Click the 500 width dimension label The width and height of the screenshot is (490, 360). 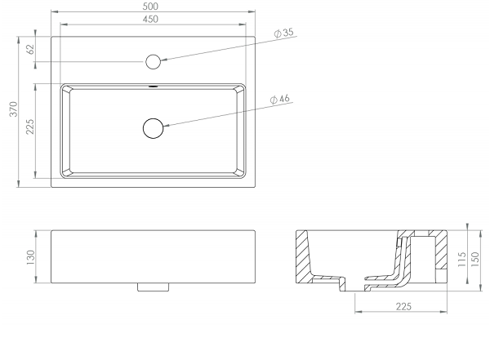[x=150, y=6]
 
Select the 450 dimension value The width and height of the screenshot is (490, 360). [x=150, y=19]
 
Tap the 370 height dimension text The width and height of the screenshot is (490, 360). [x=14, y=109]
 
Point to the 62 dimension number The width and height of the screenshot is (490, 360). [x=31, y=49]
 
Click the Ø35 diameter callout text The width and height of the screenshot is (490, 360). [x=283, y=32]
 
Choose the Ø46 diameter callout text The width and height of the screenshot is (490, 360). [x=279, y=99]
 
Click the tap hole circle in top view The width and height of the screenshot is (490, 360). [x=154, y=61]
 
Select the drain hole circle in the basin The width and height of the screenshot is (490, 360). [x=154, y=128]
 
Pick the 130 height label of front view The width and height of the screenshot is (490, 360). [x=31, y=257]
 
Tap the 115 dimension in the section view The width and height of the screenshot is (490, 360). [x=462, y=259]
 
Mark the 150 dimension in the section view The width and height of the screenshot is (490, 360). [x=474, y=259]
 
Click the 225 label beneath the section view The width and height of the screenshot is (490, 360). [x=403, y=307]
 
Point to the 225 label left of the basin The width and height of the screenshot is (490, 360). [x=30, y=127]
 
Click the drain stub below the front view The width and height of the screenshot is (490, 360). [x=154, y=287]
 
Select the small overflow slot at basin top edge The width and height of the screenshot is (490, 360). [x=154, y=86]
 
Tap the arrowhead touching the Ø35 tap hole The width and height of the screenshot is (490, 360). [x=164, y=60]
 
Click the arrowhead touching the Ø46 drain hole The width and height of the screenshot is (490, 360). [x=167, y=126]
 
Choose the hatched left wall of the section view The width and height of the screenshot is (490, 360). [x=304, y=256]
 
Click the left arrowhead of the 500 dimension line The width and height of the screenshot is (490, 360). [x=55, y=12]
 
